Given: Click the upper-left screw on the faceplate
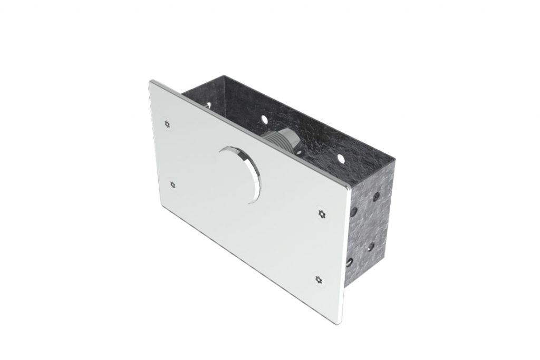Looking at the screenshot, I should (167, 124).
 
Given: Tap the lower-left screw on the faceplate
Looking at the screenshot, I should (173, 184).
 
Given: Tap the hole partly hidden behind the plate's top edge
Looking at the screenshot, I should (211, 104).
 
